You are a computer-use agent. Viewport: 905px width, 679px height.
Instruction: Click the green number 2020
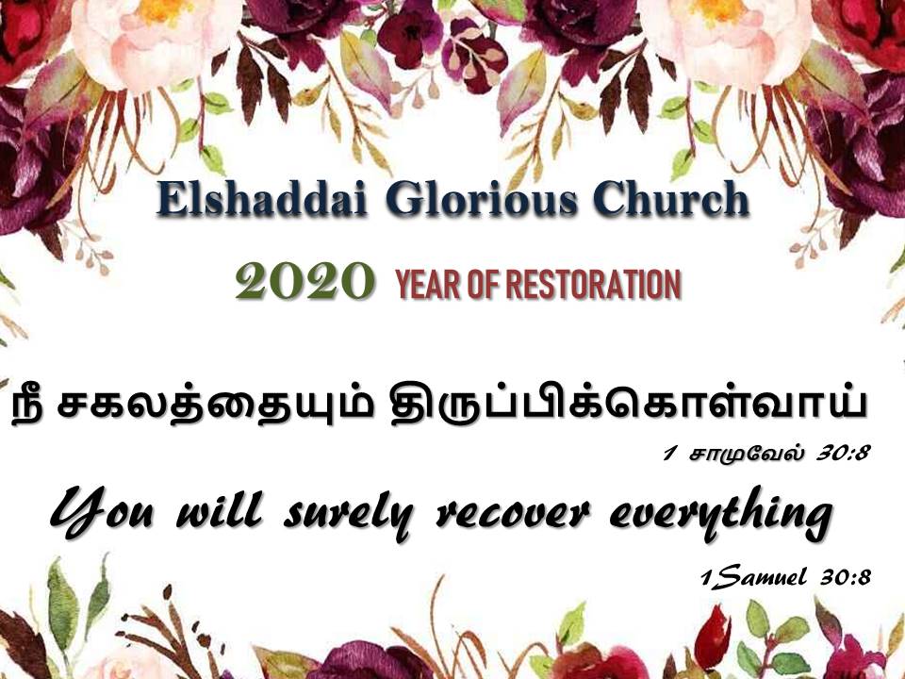click(x=304, y=281)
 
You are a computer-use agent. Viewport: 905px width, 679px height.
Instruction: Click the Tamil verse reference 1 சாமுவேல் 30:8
click(x=767, y=454)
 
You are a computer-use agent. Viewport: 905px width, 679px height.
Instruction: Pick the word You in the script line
click(x=102, y=511)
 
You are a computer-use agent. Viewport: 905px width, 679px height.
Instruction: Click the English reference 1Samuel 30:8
click(x=785, y=577)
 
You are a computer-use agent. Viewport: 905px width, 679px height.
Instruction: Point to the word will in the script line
click(x=219, y=509)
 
